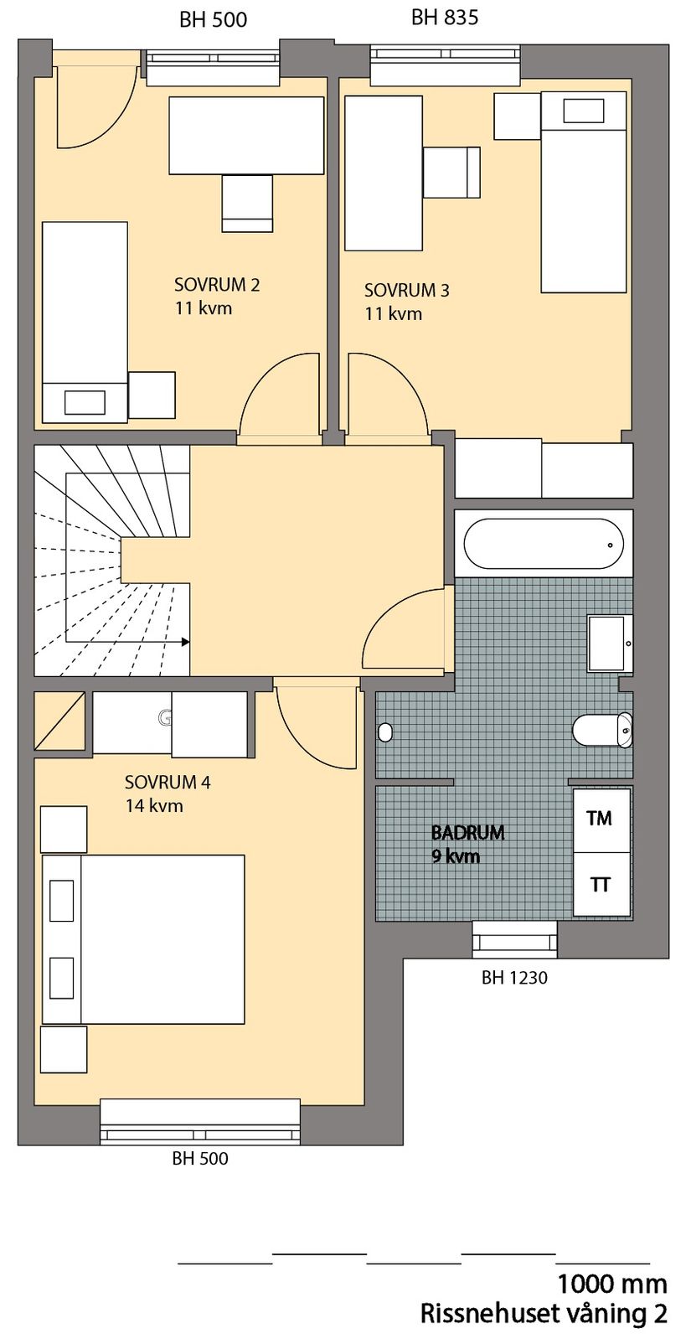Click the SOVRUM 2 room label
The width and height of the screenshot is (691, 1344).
217,285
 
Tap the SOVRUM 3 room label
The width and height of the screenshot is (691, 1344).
406,291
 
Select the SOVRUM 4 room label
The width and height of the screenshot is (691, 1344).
168,783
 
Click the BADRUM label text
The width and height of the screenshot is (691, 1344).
467,833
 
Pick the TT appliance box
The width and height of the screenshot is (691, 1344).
600,885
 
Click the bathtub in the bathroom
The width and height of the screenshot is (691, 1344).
544,544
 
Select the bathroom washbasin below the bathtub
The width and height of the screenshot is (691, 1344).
610,644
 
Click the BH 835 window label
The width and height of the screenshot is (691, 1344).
445,18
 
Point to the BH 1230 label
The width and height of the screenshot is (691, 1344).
514,977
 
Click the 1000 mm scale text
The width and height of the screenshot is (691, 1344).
612,1284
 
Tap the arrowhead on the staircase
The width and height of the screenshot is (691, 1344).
184,643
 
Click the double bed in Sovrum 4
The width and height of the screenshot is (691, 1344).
144,939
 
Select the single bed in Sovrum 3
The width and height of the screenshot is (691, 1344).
584,193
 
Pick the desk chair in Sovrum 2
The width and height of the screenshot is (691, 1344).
247,203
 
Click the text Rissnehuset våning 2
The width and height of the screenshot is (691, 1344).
544,1314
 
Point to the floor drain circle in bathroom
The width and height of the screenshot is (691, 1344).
385,732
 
